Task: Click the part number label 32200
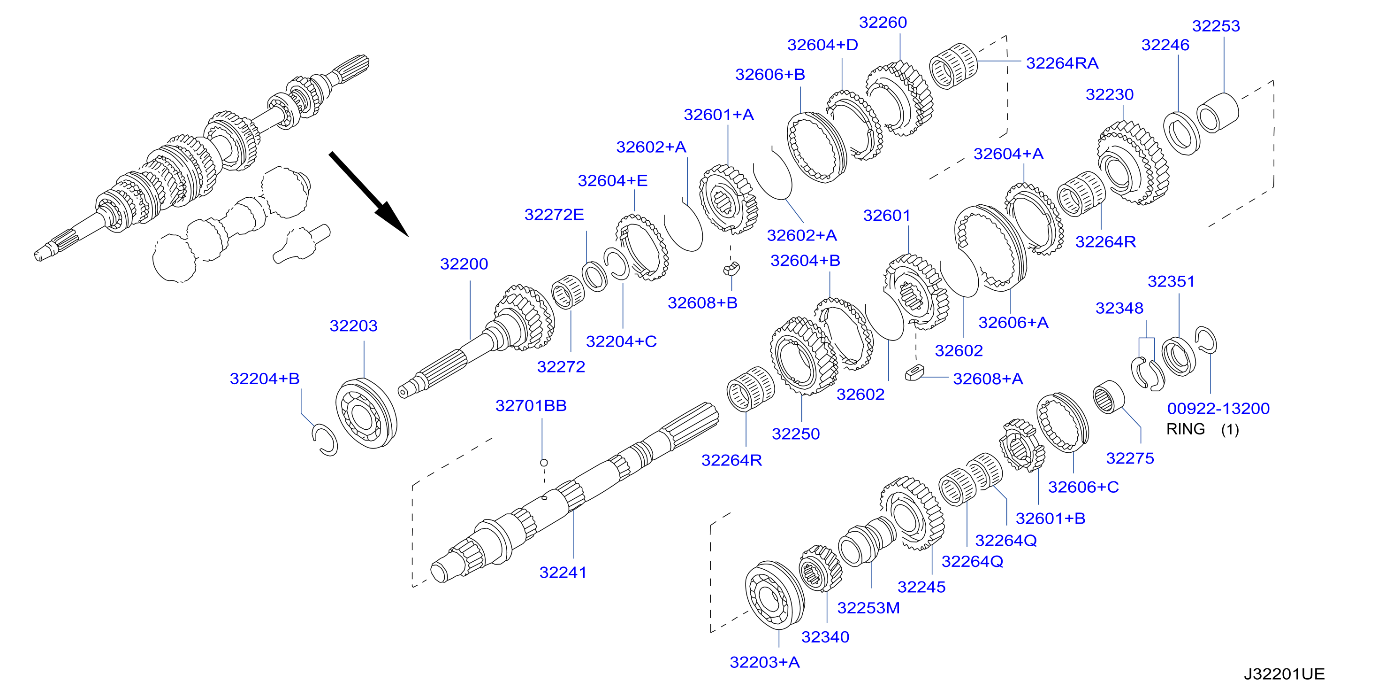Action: tap(464, 264)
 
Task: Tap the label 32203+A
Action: tap(764, 662)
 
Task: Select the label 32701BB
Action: tap(531, 406)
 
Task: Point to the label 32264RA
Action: tap(1062, 63)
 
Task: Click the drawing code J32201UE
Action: tap(1284, 674)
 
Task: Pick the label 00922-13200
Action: tap(1218, 409)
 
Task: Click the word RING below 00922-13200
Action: tap(1186, 429)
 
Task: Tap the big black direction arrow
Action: tap(369, 194)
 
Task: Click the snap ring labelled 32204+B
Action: tap(325, 440)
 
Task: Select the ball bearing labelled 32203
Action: tap(366, 413)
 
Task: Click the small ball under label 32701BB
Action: tap(543, 463)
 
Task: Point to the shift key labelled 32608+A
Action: tap(915, 372)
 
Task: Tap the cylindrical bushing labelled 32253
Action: tap(1217, 113)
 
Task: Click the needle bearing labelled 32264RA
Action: tap(953, 66)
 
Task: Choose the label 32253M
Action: tap(868, 608)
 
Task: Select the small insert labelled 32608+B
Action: tap(731, 268)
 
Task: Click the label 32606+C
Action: tap(1083, 487)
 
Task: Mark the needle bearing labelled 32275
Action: tap(1108, 397)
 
